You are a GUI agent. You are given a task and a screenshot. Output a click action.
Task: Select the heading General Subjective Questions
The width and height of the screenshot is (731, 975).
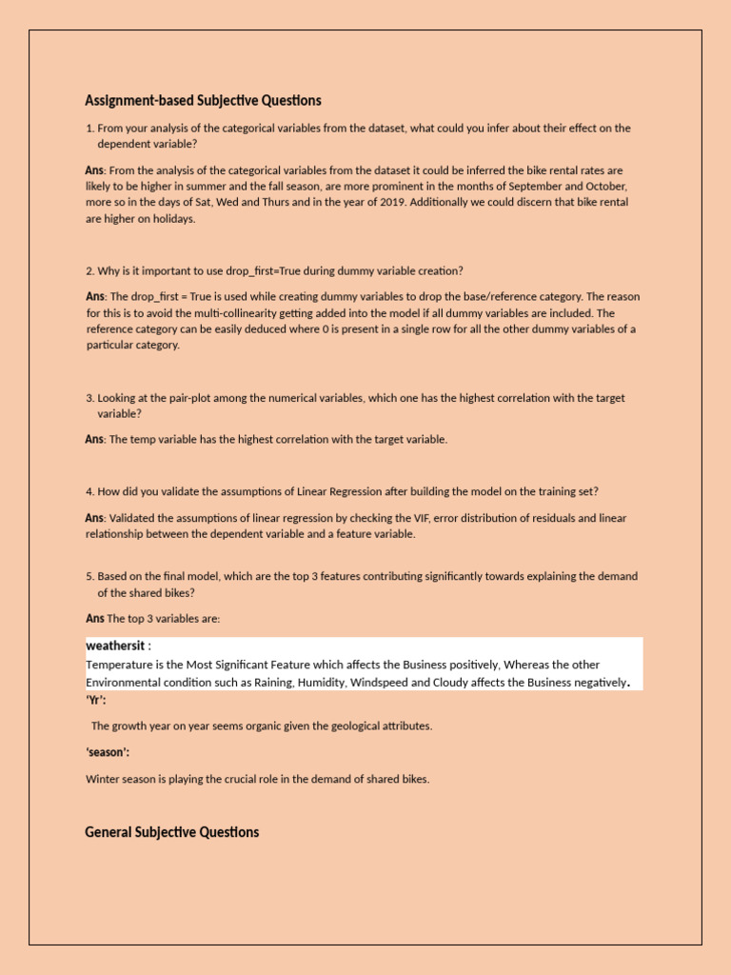171,832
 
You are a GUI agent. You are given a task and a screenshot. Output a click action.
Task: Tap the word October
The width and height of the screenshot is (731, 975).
607,187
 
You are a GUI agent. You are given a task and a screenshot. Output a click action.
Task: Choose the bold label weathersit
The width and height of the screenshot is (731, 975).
115,647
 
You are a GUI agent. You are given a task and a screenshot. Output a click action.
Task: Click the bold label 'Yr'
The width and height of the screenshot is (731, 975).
96,699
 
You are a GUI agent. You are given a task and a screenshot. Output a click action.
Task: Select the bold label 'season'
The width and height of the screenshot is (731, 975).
108,752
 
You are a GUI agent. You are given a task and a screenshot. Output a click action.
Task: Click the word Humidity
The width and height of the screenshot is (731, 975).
324,683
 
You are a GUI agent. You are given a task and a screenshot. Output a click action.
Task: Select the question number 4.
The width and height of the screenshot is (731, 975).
89,491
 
